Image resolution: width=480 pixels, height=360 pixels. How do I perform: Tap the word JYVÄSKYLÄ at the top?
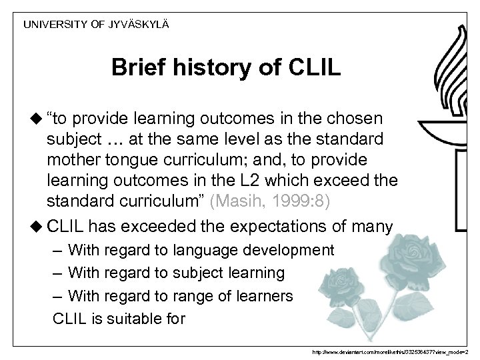pos(141,24)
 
